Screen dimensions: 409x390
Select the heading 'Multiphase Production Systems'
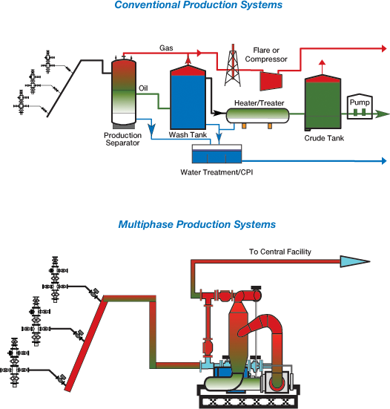pyautogui.click(x=196, y=224)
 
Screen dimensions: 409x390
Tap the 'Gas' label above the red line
pyautogui.click(x=166, y=48)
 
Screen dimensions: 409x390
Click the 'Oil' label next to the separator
pyautogui.click(x=144, y=88)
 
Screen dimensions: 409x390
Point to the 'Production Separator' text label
pyautogui.click(x=122, y=140)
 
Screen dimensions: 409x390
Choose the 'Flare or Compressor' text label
pyautogui.click(x=267, y=54)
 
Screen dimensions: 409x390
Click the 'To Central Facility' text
pyautogui.click(x=280, y=252)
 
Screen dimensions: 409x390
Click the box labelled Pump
pyautogui.click(x=361, y=107)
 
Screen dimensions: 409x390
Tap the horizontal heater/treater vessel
pyautogui.click(x=257, y=115)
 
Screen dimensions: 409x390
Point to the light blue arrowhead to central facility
pyautogui.click(x=354, y=261)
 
